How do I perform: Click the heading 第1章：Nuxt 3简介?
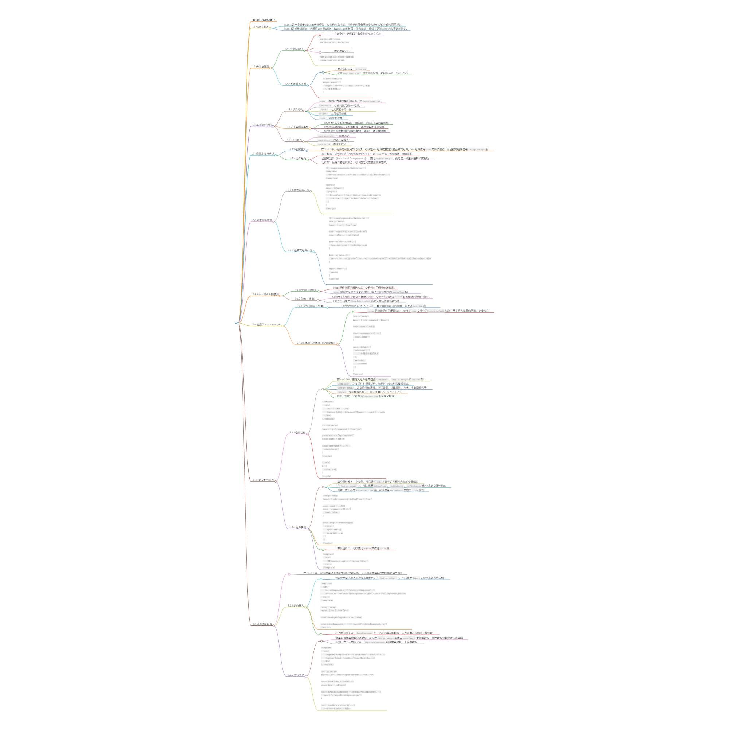(264, 20)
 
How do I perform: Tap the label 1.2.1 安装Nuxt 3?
(293, 49)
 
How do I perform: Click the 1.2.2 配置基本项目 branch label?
(295, 84)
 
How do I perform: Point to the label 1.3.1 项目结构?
(295, 110)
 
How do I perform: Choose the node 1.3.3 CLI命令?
(294, 140)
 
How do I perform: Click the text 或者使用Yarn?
(342, 51)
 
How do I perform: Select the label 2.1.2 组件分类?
(298, 159)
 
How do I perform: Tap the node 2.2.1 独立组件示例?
(298, 190)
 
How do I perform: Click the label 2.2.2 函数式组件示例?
(300, 250)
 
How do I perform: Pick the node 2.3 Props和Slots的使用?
(265, 294)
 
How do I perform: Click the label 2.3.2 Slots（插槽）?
(304, 299)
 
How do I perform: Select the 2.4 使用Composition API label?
(266, 324)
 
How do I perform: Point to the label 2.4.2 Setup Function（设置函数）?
(315, 343)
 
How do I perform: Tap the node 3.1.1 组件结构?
(297, 432)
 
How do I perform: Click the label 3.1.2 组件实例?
(298, 527)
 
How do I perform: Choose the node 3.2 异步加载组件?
(262, 624)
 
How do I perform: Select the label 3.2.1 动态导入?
(296, 605)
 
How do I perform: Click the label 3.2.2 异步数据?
(296, 675)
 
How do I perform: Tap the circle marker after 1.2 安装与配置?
(270, 68)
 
